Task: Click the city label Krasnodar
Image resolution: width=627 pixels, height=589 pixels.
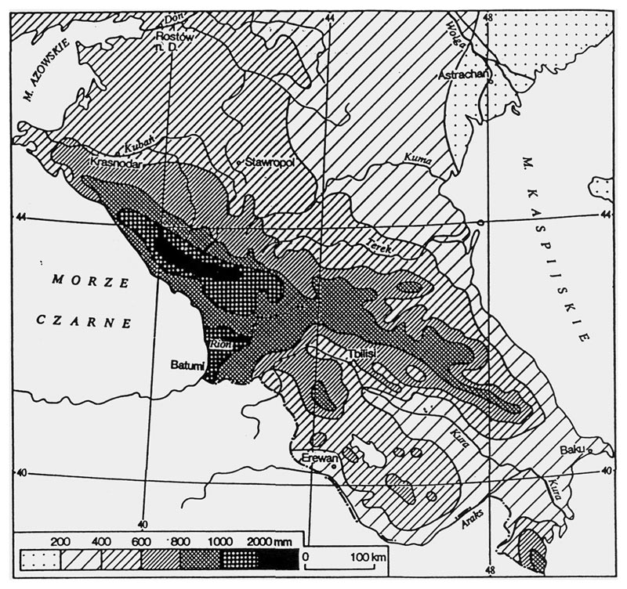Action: [114, 163]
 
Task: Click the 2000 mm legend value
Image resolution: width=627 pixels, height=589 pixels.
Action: [263, 541]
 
